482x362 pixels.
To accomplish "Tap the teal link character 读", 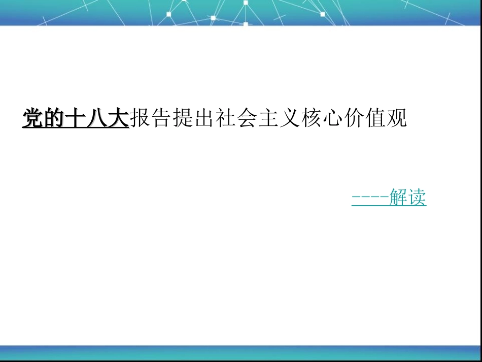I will tap(417, 198).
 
